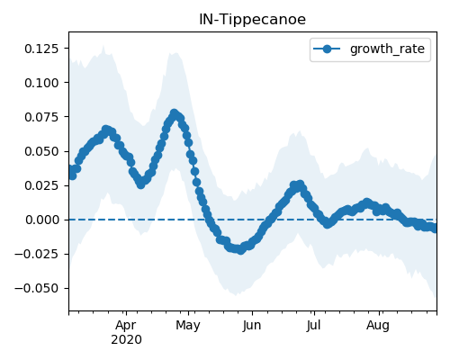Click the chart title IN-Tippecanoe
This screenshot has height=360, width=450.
[x=252, y=20]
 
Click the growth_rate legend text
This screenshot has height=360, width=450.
[x=387, y=49]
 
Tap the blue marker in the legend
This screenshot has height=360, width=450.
[x=327, y=49]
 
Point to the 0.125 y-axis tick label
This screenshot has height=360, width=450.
[x=41, y=49]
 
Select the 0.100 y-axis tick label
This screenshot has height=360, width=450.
[x=41, y=83]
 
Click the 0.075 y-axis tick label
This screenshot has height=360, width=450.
[x=41, y=117]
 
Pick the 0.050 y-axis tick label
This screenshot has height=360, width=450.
[x=41, y=151]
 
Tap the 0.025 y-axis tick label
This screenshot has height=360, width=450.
[x=41, y=185]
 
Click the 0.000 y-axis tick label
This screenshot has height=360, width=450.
[x=41, y=220]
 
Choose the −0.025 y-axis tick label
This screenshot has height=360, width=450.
[x=36, y=254]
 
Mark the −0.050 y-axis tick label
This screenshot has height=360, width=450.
[x=36, y=288]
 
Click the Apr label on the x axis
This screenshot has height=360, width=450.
[x=126, y=326]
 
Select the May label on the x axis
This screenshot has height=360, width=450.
[x=188, y=326]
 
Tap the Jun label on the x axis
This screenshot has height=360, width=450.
[x=252, y=326]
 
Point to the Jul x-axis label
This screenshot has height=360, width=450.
[x=314, y=326]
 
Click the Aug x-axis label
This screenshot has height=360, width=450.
[x=378, y=326]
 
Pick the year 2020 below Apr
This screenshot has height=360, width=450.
[x=126, y=340]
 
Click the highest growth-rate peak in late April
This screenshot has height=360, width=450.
[x=174, y=113]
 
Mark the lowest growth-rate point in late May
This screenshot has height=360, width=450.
[x=240, y=250]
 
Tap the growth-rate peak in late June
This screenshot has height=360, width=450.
[x=300, y=184]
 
